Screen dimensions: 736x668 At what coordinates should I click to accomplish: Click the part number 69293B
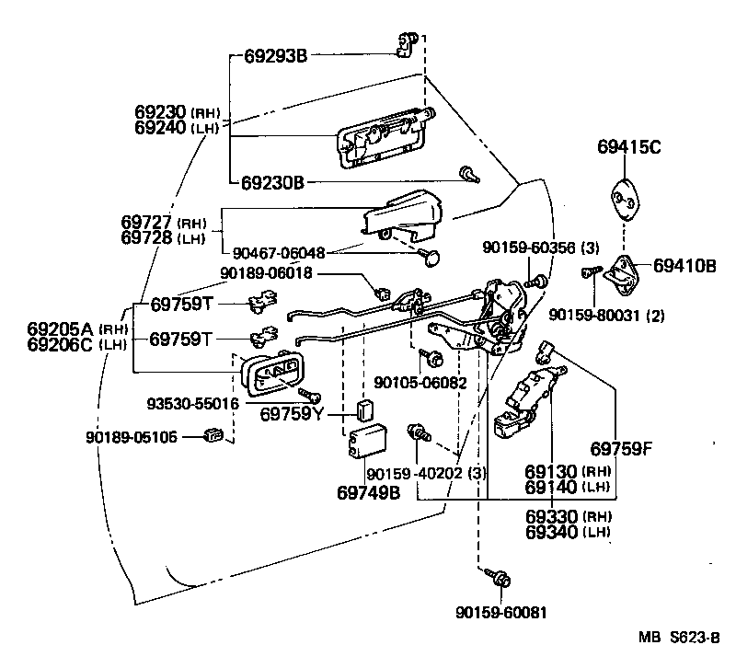pos(275,56)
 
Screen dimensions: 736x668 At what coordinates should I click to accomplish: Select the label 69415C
pos(629,147)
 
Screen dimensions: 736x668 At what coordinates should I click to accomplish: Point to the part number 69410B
pos(684,266)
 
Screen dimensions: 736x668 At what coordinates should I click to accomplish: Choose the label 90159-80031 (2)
pos(606,315)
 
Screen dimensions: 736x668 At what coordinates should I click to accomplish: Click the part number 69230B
pos(272,182)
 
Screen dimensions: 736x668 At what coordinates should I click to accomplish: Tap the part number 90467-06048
pos(279,253)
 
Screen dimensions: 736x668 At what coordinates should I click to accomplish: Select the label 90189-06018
pos(266,273)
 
